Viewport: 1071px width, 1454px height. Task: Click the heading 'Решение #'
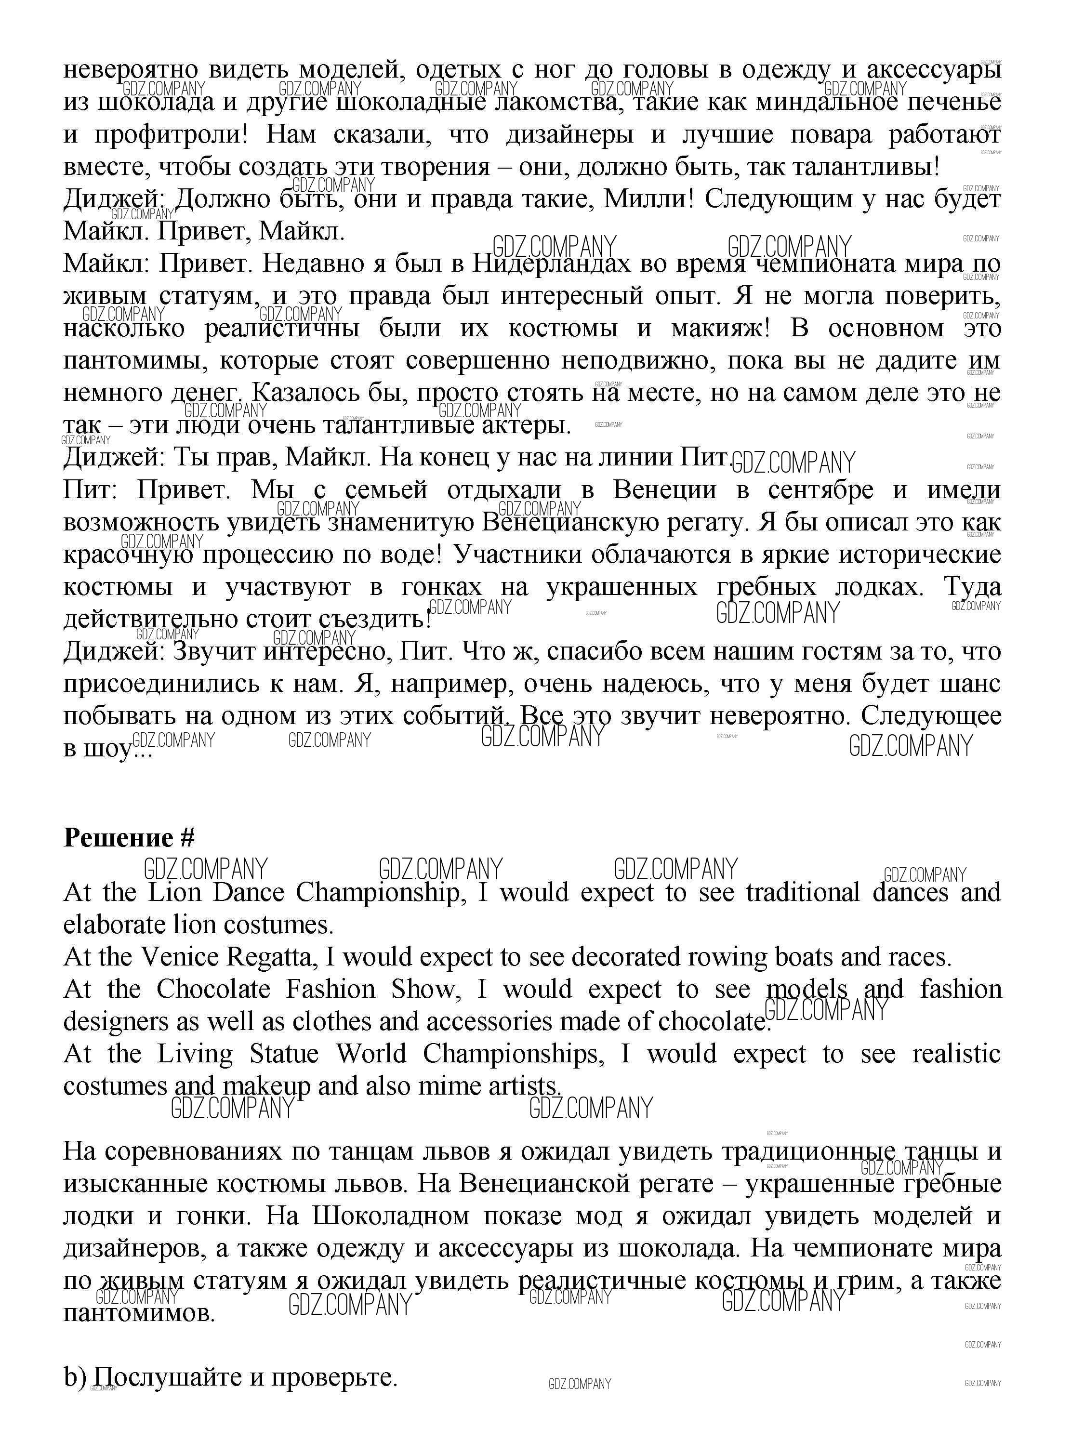point(129,838)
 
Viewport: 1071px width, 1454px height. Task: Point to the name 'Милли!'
point(649,199)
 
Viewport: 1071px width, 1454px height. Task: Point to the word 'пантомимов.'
point(139,1313)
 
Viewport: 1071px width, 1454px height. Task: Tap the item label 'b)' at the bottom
point(75,1377)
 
